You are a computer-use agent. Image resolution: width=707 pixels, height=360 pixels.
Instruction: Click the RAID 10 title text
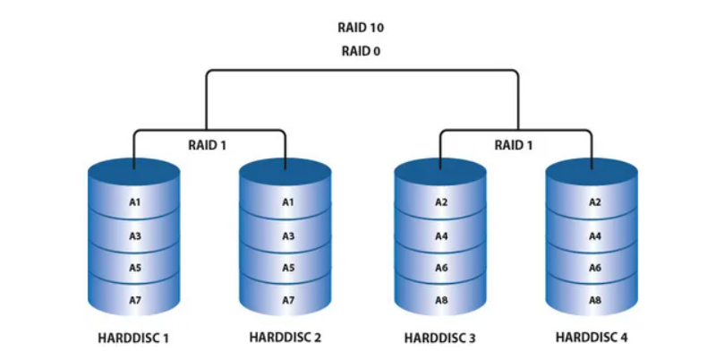(361, 28)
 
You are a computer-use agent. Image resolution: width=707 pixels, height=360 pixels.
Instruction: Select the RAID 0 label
(361, 51)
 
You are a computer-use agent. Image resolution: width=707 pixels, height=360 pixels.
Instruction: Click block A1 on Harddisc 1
(134, 202)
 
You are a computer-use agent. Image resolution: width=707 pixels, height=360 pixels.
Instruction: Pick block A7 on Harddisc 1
(134, 300)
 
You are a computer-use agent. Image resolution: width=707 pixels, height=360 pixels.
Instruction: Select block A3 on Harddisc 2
(287, 236)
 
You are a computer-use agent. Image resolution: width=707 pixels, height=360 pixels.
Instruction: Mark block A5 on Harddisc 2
(287, 268)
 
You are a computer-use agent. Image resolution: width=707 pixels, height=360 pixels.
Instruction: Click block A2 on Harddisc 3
(440, 202)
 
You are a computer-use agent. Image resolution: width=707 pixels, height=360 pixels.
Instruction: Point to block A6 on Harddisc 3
(440, 268)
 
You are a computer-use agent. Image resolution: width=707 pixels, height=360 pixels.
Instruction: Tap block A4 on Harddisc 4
(593, 236)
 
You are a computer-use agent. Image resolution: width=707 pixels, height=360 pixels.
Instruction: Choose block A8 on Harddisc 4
(593, 300)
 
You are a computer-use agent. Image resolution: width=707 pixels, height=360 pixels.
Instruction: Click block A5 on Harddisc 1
(134, 268)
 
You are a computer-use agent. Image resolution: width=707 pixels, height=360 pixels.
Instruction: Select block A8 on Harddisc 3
(440, 300)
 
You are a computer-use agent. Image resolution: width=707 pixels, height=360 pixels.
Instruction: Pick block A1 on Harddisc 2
(287, 202)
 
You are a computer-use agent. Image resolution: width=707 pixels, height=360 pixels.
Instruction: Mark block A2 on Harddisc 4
(593, 202)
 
